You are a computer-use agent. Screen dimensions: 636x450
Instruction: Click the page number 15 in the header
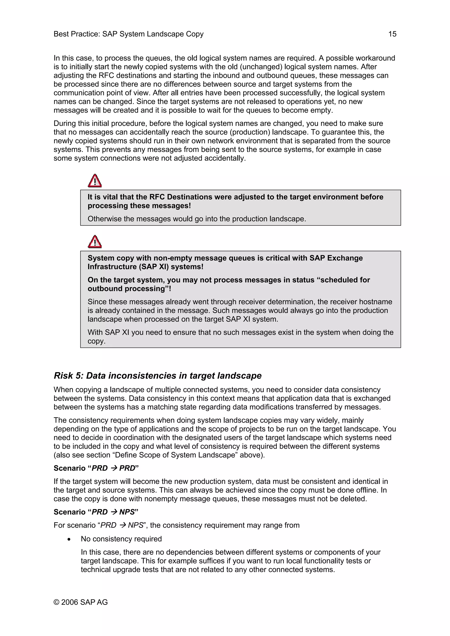click(x=392, y=34)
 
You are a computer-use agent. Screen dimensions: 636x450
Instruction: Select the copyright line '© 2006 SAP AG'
click(x=81, y=602)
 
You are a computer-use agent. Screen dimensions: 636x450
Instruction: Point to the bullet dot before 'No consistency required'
click(x=69, y=539)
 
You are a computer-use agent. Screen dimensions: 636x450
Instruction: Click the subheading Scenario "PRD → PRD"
click(x=96, y=468)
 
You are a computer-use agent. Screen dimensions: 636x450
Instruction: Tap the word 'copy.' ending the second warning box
click(x=96, y=341)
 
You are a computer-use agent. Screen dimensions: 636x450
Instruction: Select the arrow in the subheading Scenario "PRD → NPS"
click(x=114, y=512)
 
